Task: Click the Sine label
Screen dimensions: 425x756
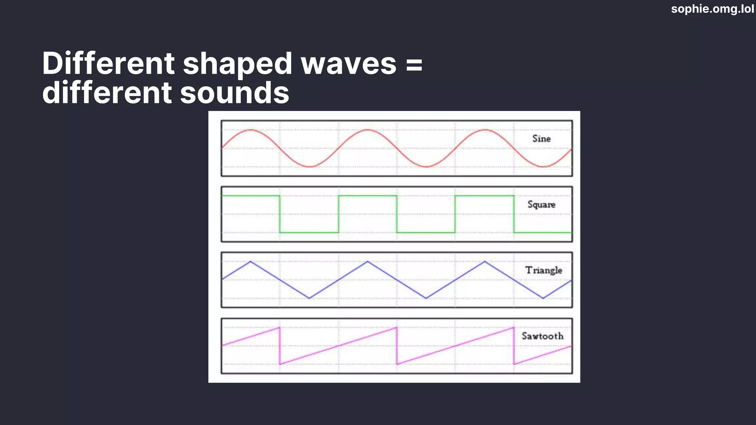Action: pos(541,139)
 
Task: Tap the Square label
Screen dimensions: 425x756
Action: pos(541,204)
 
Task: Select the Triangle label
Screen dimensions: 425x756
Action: pos(543,270)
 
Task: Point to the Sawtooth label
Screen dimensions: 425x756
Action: pos(542,336)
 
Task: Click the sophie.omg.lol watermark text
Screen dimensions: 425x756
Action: pos(712,9)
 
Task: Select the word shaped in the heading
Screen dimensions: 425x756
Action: pos(238,64)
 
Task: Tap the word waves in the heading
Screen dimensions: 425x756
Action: pos(348,64)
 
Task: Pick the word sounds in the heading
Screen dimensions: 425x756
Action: pos(234,93)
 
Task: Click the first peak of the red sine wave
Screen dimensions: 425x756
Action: pos(251,130)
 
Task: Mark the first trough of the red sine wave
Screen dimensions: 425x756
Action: pos(310,167)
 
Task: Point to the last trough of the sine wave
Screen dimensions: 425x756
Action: pos(543,167)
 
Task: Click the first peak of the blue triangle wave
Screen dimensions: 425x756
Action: pos(251,262)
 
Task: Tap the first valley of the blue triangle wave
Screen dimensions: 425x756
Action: pos(309,298)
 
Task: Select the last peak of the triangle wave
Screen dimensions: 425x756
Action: pos(485,262)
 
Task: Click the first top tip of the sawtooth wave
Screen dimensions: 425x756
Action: pos(279,327)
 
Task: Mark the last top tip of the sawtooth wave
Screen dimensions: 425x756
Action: pos(513,327)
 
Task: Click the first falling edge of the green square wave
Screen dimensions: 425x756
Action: pos(280,214)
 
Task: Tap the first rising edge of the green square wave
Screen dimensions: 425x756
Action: pos(339,214)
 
